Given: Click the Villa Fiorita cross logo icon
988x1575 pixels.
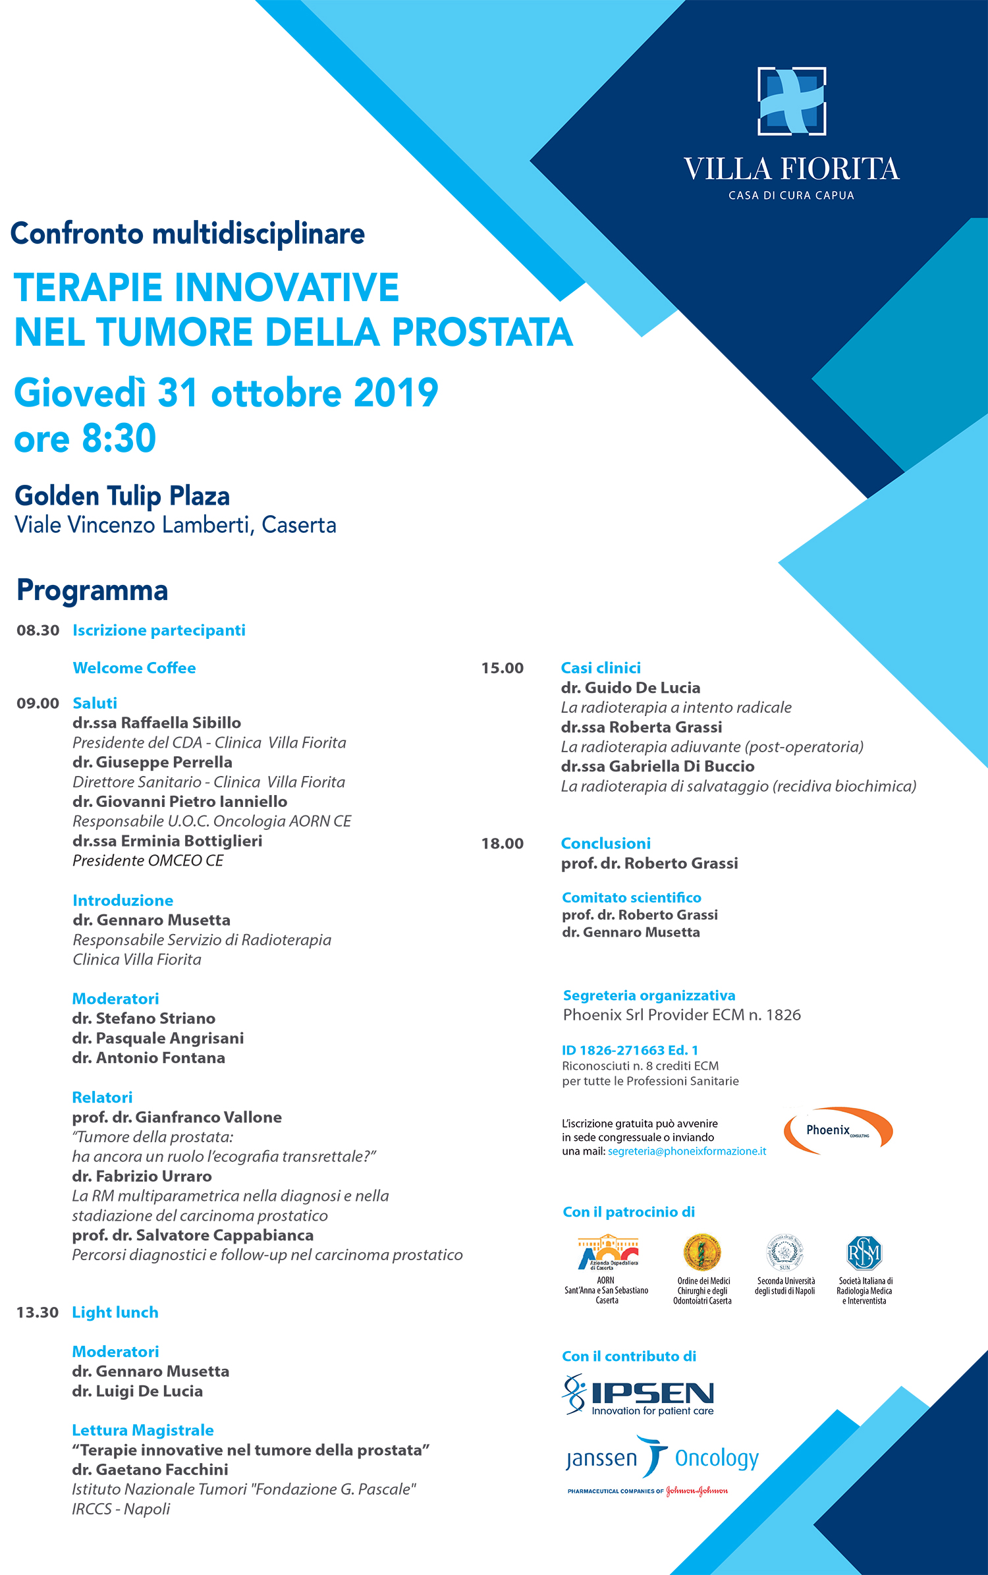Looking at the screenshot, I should tap(792, 101).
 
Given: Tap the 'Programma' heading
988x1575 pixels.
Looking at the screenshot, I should tap(92, 590).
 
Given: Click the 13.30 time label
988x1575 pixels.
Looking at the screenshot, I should tap(38, 1312).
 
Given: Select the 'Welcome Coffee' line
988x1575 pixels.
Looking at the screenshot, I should tap(134, 668).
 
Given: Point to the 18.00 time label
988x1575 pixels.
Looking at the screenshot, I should tap(503, 843).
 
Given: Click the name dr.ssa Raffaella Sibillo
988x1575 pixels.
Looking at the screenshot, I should tap(157, 723).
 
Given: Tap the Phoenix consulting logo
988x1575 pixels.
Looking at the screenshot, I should tap(838, 1130).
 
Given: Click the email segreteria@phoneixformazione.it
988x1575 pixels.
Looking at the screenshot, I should tap(687, 1151).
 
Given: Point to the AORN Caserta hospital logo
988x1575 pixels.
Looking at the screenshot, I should tap(608, 1252).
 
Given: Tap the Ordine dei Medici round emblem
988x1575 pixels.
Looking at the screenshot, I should tap(702, 1252).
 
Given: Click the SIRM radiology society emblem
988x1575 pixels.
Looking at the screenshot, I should tap(864, 1252).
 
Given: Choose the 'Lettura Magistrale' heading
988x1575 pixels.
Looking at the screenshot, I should tap(143, 1430).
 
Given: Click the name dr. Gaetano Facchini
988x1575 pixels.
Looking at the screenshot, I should tap(150, 1470).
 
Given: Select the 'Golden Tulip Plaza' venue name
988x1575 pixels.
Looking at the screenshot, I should tap(123, 496).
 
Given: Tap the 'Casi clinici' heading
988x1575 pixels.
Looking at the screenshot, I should tap(601, 668).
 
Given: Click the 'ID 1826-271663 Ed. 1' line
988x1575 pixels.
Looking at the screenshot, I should tap(630, 1050).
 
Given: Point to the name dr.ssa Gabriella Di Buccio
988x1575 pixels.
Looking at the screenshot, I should tap(657, 766).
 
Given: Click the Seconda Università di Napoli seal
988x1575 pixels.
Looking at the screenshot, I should tap(784, 1252).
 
